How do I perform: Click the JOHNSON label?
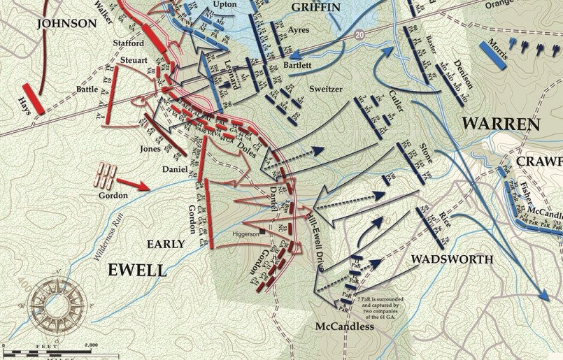(67, 23)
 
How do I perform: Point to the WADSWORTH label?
(452, 259)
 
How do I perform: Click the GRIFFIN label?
(316, 7)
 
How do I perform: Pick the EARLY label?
(165, 244)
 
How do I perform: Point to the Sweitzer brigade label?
(327, 89)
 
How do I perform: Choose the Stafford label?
(128, 43)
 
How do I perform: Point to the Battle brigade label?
(88, 89)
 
